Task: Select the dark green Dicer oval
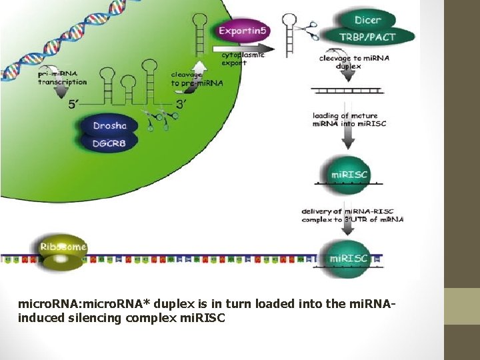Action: (367, 20)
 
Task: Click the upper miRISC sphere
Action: (349, 175)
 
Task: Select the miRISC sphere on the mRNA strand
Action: (349, 259)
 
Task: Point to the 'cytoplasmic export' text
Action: (243, 59)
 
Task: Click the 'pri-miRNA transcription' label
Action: (63, 78)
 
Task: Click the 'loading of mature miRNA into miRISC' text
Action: (345, 120)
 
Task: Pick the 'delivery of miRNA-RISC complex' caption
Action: (352, 215)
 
